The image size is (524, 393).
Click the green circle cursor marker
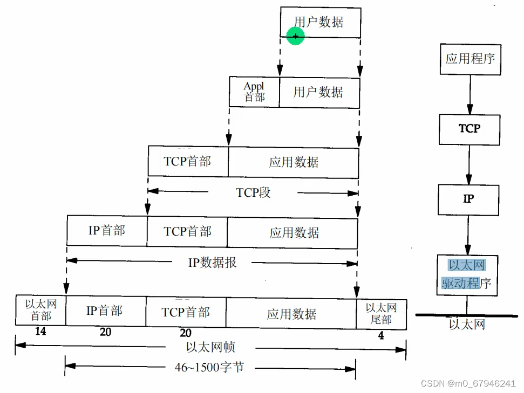[x=296, y=36]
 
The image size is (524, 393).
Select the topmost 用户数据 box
[x=320, y=22]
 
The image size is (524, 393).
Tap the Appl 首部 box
[x=254, y=92]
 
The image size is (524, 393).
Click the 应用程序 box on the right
[x=470, y=58]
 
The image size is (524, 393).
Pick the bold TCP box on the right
[x=469, y=129]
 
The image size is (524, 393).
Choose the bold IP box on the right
[x=468, y=199]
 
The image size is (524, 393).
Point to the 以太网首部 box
[x=40, y=310]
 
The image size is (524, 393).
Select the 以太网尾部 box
[x=381, y=313]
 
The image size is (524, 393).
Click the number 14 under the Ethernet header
[x=40, y=332]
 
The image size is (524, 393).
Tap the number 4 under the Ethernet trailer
[x=381, y=335]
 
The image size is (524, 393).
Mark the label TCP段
[x=253, y=192]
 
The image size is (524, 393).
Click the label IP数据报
[x=212, y=263]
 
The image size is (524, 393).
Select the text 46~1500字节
[x=209, y=367]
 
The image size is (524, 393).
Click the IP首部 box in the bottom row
[x=105, y=311]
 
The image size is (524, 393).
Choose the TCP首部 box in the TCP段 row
[x=188, y=161]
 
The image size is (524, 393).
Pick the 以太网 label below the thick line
[x=467, y=324]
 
